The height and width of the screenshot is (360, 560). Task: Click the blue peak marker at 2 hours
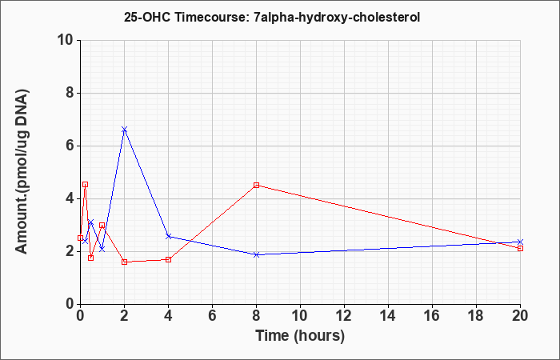124,130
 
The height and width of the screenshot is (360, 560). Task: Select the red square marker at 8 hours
257,185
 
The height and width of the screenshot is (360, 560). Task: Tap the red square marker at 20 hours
520,248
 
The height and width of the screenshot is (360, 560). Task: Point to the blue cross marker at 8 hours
257,254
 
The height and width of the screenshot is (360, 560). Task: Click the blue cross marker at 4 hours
169,237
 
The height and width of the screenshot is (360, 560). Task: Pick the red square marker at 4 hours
169,259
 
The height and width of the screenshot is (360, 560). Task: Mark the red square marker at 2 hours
124,262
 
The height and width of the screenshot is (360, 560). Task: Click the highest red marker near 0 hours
85,184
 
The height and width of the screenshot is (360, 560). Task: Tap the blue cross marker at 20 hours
520,242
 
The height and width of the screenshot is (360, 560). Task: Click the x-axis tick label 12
344,316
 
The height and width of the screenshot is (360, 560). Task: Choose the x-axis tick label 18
477,316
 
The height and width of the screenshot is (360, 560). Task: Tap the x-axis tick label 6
213,316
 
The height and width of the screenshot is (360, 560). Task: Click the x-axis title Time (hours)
300,336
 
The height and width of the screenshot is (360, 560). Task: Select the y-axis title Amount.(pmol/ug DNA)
22,172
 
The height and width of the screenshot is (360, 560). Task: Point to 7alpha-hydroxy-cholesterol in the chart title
337,17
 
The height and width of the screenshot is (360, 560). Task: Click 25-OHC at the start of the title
148,17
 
